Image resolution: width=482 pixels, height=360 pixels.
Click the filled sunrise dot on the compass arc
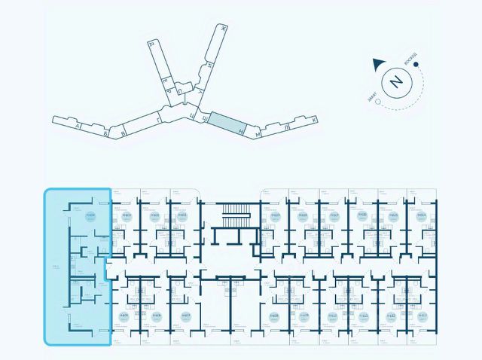[x=415, y=65]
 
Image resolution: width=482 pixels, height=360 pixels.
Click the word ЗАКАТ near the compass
[x=374, y=93]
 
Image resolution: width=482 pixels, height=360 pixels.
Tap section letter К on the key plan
[x=313, y=119]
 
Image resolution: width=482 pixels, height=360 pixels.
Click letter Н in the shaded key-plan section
[x=239, y=130]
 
